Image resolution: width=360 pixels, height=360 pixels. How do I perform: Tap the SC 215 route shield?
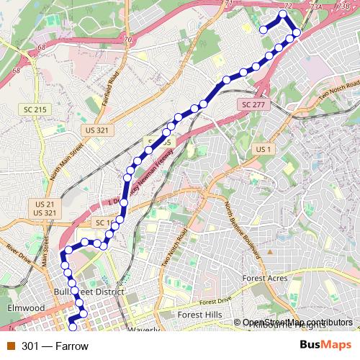(x=34, y=109)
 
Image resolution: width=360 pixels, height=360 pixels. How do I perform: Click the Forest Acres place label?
(x=265, y=278)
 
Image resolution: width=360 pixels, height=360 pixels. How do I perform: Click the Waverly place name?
(x=144, y=330)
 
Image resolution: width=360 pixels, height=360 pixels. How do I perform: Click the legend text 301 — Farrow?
(x=55, y=346)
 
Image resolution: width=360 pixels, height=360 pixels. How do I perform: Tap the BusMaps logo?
(x=325, y=346)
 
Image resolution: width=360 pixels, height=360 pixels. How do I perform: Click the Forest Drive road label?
(x=218, y=301)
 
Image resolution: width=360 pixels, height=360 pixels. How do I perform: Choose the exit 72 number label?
(x=287, y=5)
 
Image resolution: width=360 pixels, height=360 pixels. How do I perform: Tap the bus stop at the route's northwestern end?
(x=263, y=30)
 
